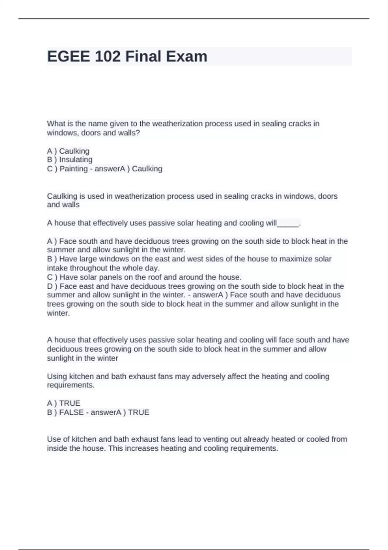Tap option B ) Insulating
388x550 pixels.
(x=70, y=159)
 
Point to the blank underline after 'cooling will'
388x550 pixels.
(x=288, y=224)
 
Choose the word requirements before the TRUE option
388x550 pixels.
(x=70, y=385)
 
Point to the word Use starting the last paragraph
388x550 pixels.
(x=53, y=439)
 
